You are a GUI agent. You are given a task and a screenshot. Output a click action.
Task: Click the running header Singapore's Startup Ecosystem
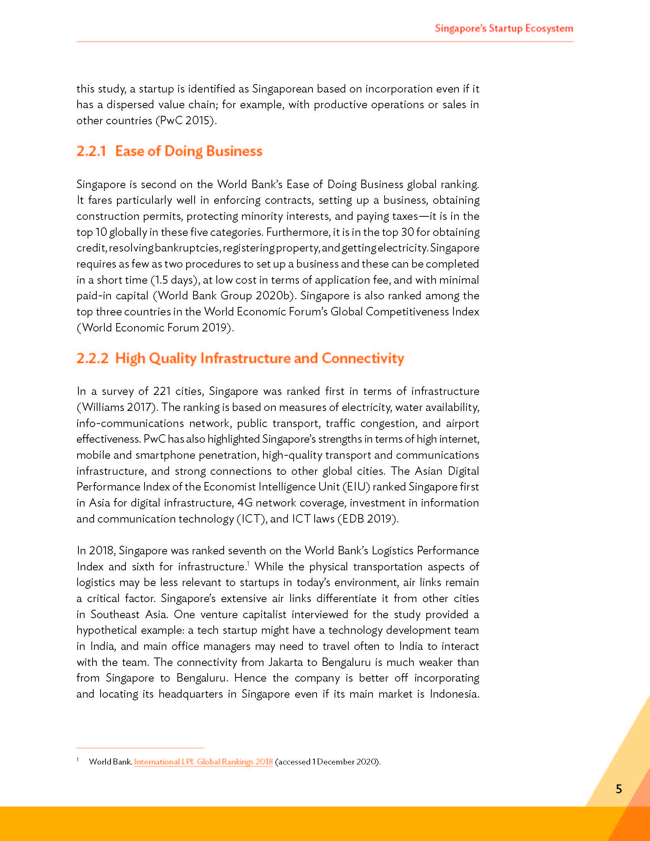coord(504,29)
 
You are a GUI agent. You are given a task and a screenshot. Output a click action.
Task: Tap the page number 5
coord(619,789)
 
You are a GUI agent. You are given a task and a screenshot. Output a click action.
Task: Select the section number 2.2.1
coord(91,151)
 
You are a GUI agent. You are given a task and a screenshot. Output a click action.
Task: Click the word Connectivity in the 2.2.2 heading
coord(363,358)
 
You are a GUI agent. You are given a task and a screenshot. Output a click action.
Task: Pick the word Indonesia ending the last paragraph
coord(453,694)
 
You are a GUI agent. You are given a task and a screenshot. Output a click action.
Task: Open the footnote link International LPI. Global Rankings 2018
coord(203,761)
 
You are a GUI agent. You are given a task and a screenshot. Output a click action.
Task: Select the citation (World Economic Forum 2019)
coord(155,328)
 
